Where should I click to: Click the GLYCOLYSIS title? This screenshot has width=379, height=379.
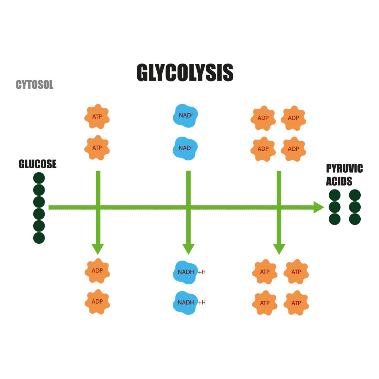185,72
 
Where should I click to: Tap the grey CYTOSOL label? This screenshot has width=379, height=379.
34,85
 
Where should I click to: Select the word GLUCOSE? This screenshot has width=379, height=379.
38,164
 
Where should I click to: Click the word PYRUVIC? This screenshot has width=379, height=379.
344,168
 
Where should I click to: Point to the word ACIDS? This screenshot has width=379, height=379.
339,181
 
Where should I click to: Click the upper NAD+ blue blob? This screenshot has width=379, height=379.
185,116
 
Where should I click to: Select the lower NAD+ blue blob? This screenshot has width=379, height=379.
185,148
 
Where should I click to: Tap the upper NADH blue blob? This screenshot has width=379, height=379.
185,272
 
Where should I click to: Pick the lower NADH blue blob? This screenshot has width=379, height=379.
185,302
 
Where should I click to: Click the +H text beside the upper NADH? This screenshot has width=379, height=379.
202,272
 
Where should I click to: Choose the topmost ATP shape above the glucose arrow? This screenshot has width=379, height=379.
97,117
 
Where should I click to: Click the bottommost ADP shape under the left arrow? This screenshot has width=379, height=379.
97,302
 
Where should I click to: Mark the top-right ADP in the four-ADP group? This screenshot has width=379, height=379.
293,118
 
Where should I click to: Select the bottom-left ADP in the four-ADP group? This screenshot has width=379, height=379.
263,149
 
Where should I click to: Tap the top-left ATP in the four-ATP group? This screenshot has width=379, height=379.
265,272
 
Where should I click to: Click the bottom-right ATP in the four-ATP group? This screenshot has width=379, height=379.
296,303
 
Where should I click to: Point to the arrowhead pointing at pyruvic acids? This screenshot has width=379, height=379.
318,208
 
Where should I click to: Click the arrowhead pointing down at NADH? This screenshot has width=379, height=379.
189,249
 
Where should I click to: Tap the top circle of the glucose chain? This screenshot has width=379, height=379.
39,178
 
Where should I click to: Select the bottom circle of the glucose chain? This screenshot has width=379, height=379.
39,238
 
